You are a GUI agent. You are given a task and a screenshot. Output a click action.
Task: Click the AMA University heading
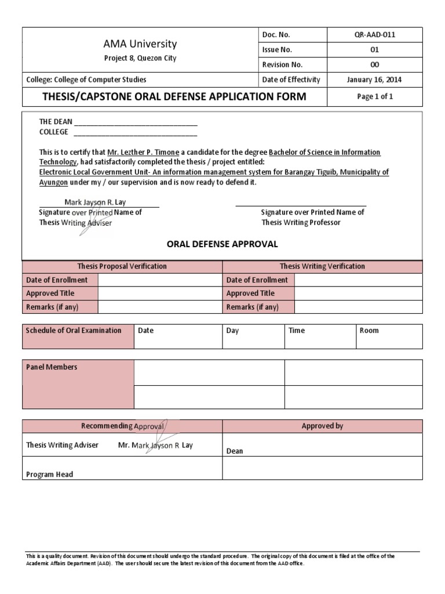coord(140,44)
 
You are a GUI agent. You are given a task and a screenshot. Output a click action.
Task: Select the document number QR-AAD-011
coord(375,35)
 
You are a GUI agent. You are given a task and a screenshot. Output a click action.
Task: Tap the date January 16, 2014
coord(374,80)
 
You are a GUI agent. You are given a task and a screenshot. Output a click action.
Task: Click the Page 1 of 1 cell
coord(375,96)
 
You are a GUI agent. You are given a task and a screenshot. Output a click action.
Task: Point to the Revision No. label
coord(282,65)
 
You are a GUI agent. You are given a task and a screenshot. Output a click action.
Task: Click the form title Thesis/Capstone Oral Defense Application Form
coord(174,97)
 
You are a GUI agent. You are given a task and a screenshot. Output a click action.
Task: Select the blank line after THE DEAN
coord(136,122)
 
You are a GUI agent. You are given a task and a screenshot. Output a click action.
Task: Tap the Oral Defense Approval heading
coord(222,244)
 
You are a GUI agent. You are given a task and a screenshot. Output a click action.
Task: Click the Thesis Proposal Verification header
coord(122,266)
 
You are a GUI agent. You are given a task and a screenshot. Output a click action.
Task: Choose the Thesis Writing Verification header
coord(322,266)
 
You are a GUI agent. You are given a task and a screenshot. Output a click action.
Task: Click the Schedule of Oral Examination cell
coord(74,331)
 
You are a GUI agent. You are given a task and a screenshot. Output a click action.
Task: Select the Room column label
coord(369,331)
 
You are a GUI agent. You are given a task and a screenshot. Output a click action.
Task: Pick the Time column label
coord(296,331)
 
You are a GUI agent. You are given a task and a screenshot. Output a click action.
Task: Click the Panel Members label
coord(52,367)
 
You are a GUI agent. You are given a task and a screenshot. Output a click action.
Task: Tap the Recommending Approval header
coord(122,426)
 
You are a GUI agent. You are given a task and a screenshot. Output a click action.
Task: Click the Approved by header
coord(322,426)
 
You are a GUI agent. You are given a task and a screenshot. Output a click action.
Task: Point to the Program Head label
coord(50,475)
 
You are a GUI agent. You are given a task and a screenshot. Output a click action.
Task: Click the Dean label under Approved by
coord(235,451)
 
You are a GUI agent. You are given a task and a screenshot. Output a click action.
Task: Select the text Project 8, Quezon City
coord(140,59)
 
